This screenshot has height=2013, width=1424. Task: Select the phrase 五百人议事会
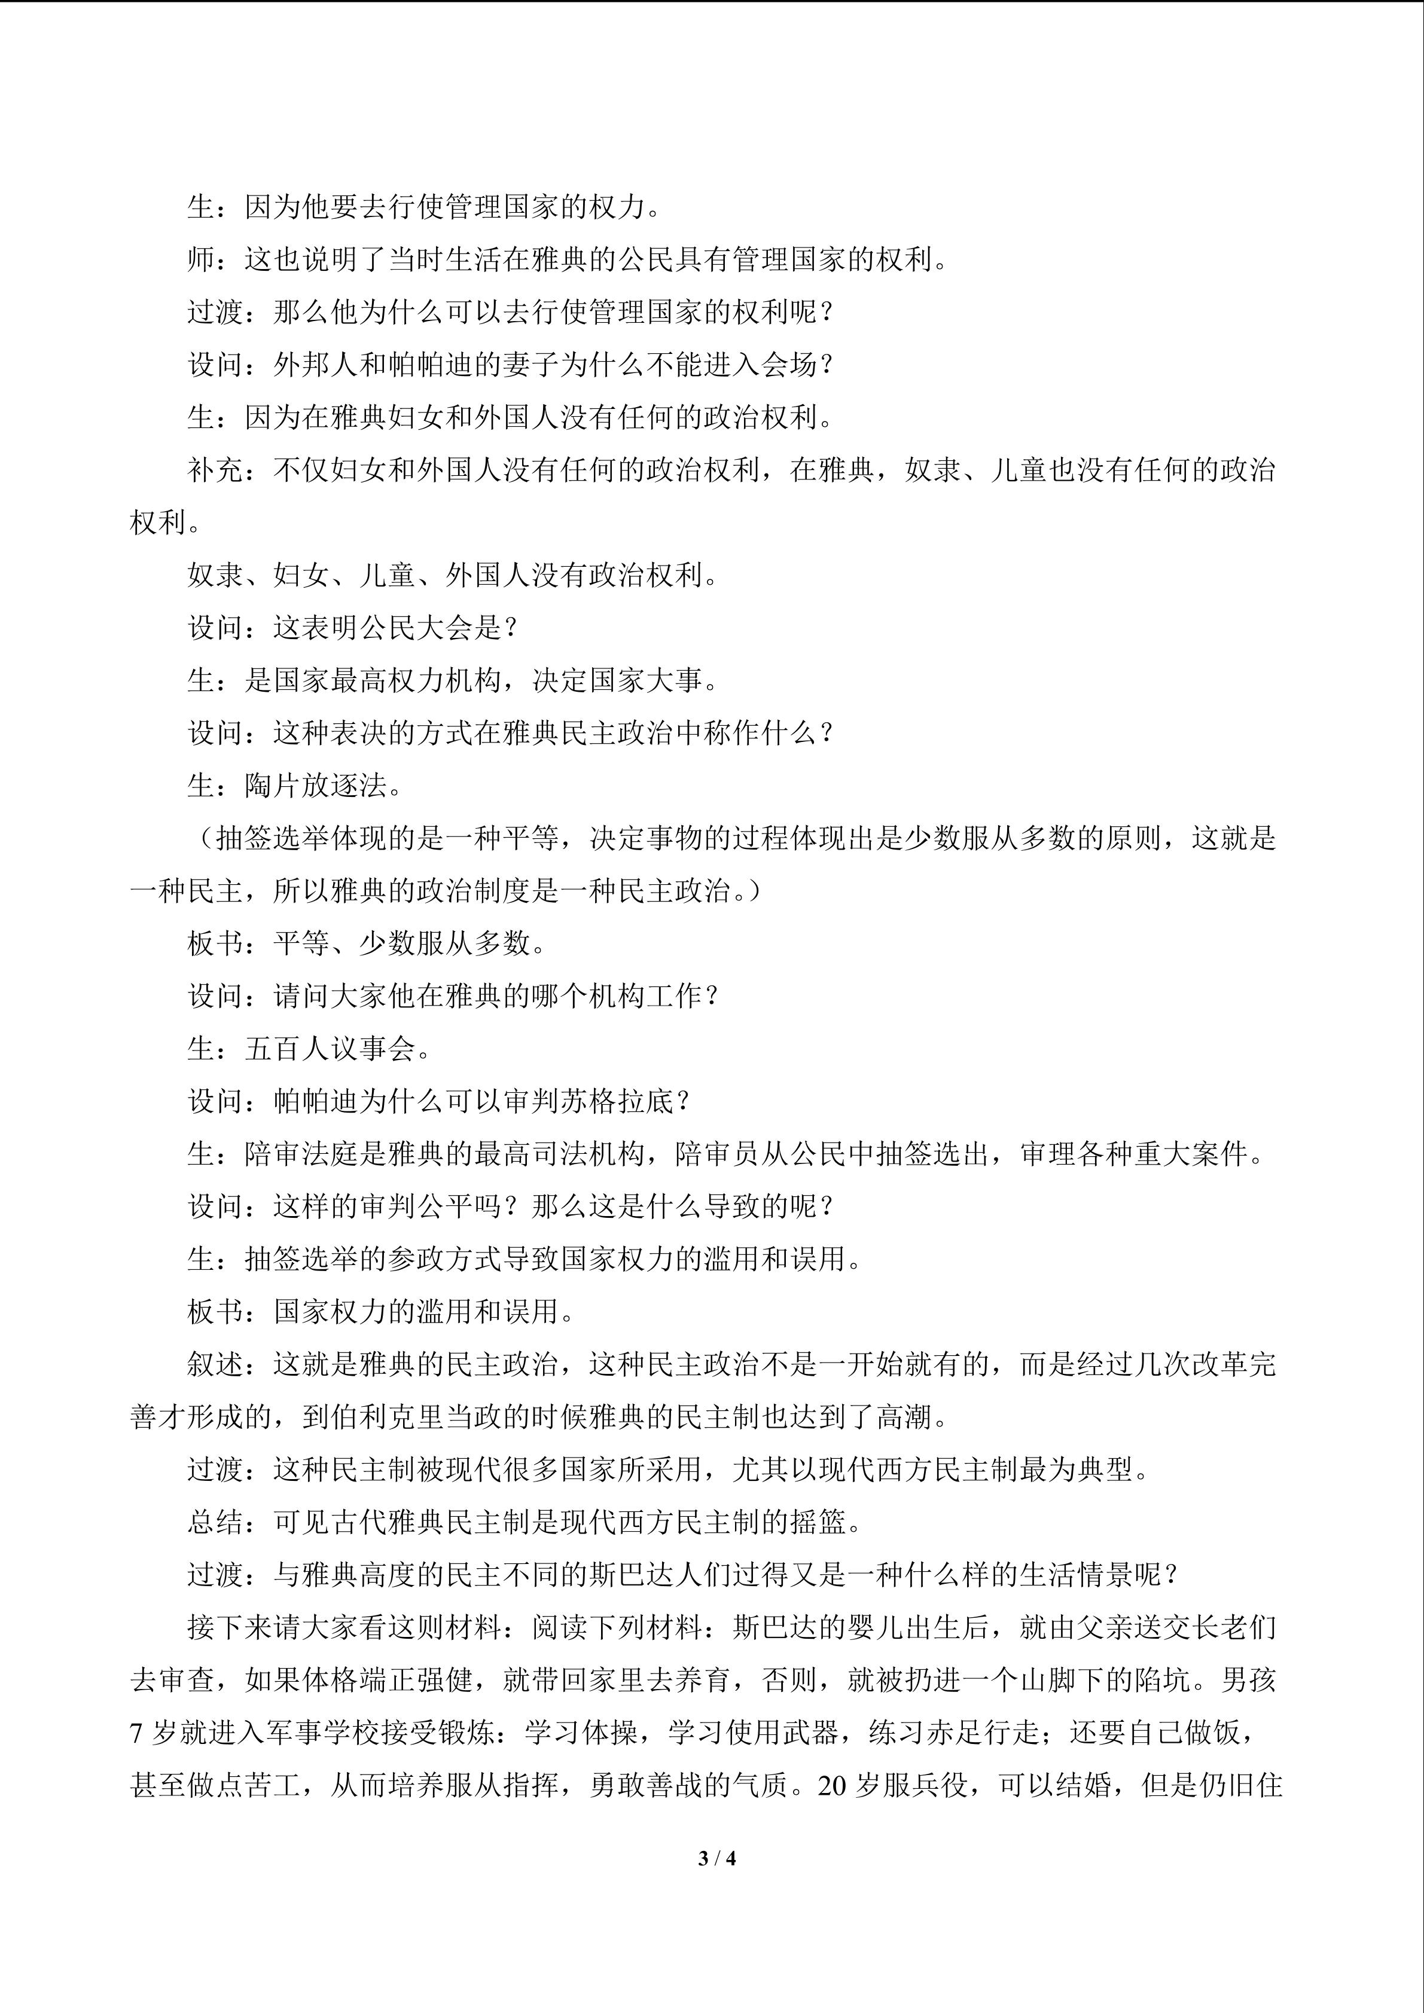[x=330, y=1049]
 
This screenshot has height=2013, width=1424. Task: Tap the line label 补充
[x=216, y=471]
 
